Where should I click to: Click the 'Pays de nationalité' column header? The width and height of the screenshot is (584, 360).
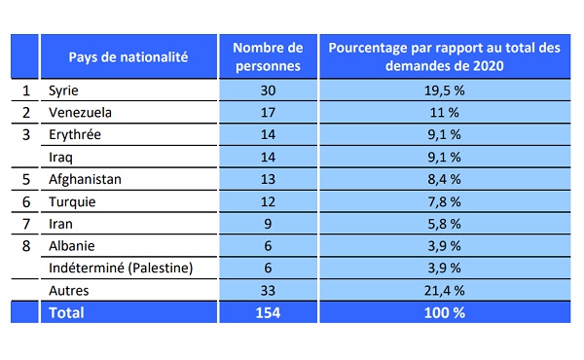click(x=128, y=57)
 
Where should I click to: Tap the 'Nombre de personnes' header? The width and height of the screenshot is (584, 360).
click(x=268, y=56)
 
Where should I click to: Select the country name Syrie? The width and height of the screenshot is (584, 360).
click(x=63, y=90)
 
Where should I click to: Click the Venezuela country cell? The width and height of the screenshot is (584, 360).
click(x=80, y=113)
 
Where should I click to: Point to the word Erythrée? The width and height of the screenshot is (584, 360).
click(x=75, y=135)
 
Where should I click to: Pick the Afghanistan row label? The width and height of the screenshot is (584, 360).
click(x=85, y=179)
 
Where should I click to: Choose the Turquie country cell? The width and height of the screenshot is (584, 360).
click(x=72, y=201)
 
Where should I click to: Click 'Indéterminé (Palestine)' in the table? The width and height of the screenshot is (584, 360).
click(x=121, y=268)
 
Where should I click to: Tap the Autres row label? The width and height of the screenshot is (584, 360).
click(x=69, y=290)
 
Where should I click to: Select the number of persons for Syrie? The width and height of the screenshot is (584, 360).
click(x=268, y=90)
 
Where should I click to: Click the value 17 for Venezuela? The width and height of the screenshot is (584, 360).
click(x=268, y=113)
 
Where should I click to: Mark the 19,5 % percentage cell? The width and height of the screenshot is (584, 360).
click(x=445, y=90)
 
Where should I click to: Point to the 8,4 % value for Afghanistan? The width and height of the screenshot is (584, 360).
click(x=445, y=179)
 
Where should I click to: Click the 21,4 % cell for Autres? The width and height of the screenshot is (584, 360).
click(x=445, y=290)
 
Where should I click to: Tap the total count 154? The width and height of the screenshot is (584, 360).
click(x=268, y=312)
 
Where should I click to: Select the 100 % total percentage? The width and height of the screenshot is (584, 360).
click(x=445, y=312)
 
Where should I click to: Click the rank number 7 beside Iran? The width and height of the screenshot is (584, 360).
click(x=25, y=224)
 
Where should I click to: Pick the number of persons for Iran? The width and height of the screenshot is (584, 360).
click(x=268, y=224)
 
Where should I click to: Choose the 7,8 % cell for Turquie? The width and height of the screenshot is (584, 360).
click(x=445, y=201)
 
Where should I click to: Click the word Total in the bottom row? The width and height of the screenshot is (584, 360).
click(x=66, y=312)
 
